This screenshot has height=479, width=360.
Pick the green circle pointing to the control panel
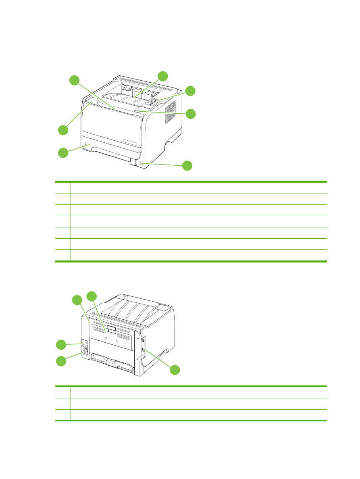click(x=190, y=91)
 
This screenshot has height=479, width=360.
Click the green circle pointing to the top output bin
click(x=162, y=76)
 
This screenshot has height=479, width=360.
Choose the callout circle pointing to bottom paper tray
click(x=62, y=153)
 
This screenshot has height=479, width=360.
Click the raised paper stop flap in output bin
click(x=128, y=88)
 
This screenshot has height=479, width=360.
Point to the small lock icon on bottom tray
click(x=85, y=143)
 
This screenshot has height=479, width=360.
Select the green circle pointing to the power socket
click(x=61, y=361)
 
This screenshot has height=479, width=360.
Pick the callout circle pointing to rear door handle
click(x=92, y=296)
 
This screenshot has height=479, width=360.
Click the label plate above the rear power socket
click(x=85, y=344)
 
